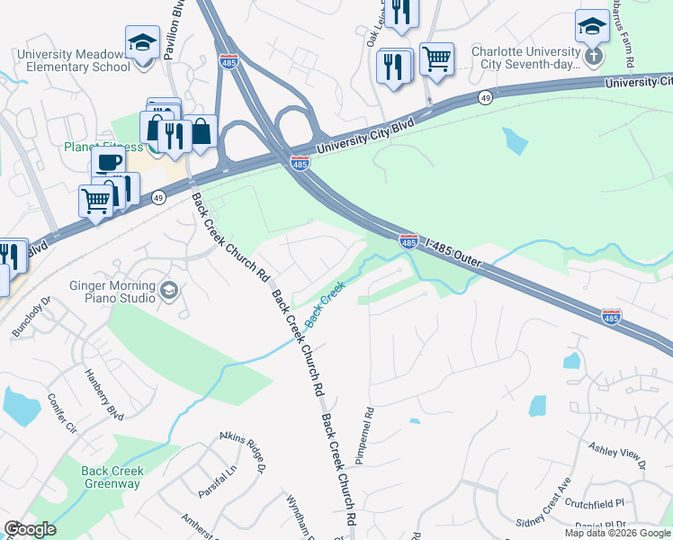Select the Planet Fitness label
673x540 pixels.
tap(103, 147)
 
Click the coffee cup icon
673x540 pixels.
tap(108, 162)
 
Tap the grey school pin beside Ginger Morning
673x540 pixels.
tap(169, 291)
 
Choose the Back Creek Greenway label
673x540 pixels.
tap(111, 477)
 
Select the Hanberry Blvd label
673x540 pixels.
tap(103, 393)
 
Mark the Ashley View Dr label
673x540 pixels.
tap(617, 454)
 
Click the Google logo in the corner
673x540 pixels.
tap(30, 529)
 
